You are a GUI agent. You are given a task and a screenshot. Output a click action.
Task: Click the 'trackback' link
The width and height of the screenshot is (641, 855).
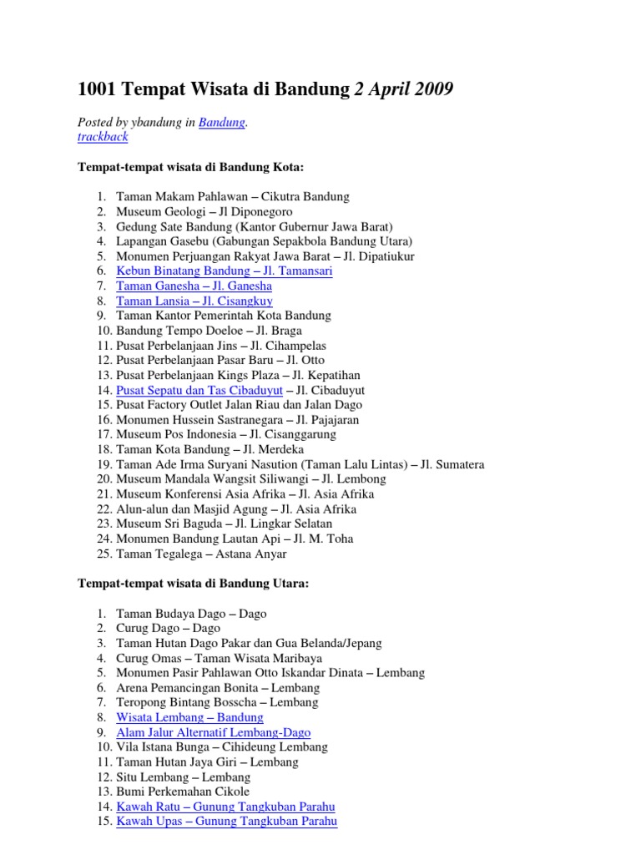103,137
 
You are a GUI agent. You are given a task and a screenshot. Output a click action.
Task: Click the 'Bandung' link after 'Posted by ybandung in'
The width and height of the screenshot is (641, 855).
221,123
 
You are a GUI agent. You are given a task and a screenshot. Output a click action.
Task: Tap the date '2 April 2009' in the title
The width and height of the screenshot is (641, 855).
405,89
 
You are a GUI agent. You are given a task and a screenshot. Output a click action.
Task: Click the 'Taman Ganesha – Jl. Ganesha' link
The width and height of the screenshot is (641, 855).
194,286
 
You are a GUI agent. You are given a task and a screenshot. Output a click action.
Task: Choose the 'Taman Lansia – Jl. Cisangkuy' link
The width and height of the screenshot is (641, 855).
194,301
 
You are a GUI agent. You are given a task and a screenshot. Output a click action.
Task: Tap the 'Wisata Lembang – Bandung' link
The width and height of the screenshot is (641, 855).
189,717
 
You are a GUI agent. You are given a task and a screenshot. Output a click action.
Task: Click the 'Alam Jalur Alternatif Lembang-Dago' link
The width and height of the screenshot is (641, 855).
213,732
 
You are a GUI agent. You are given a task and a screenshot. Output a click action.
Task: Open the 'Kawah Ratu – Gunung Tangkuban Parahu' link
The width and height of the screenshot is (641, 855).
225,807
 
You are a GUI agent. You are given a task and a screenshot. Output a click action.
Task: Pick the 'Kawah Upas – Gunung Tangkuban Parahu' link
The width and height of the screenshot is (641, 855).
226,822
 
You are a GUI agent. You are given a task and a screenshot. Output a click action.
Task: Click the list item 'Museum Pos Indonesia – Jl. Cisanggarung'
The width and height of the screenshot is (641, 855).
226,435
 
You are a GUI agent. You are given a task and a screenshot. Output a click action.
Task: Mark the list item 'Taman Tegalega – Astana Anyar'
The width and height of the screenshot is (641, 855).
201,554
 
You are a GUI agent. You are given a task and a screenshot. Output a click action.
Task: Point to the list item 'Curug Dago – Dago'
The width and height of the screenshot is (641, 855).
168,629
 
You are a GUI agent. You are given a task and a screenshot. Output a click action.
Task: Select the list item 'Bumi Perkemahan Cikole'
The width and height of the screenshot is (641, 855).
183,792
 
